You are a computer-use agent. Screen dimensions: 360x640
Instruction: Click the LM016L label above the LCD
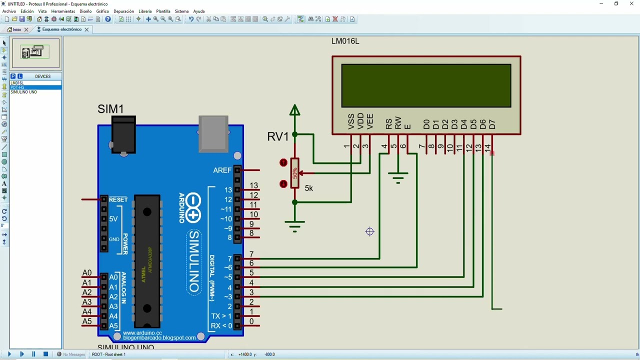[345, 41]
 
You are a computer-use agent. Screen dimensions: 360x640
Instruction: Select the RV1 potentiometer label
[278, 137]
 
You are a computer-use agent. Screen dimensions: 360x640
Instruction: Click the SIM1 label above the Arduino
[110, 109]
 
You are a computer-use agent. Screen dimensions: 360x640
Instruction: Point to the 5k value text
[308, 188]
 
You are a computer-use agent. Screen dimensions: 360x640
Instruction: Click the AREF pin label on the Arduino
[222, 170]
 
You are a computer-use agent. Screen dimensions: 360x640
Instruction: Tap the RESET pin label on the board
[118, 199]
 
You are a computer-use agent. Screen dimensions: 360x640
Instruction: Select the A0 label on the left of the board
[87, 273]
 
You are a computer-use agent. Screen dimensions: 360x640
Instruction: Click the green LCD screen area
[426, 85]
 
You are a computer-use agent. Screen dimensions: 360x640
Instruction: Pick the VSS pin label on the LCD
[351, 121]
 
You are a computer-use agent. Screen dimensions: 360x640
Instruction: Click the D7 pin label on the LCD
[492, 124]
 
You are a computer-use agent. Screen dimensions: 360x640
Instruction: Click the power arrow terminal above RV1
[295, 110]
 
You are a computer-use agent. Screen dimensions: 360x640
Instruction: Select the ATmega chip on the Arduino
[147, 260]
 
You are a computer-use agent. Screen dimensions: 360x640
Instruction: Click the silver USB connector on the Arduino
[213, 133]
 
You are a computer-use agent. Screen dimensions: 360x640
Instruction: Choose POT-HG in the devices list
[17, 87]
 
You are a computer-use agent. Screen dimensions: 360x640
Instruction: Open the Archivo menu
[9, 11]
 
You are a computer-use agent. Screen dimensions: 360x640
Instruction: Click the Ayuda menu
[199, 11]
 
